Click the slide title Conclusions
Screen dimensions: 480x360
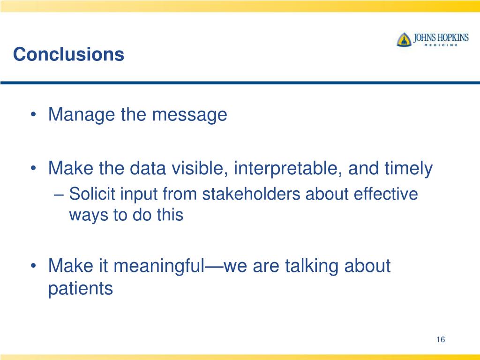pyautogui.click(x=68, y=54)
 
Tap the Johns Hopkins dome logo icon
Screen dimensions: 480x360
pyautogui.click(x=404, y=39)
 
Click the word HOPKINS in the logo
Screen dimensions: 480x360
pyautogui.click(x=453, y=37)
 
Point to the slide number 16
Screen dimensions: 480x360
pyautogui.click(x=441, y=339)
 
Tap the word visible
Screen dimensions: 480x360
pyautogui.click(x=199, y=168)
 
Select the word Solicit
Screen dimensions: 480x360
pyautogui.click(x=92, y=194)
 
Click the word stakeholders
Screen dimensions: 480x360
pyautogui.click(x=251, y=194)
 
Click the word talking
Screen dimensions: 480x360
pyautogui.click(x=312, y=266)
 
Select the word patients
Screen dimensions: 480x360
pyautogui.click(x=81, y=289)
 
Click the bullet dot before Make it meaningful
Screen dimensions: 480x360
pyautogui.click(x=33, y=266)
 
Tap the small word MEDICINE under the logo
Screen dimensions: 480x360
pyautogui.click(x=441, y=45)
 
